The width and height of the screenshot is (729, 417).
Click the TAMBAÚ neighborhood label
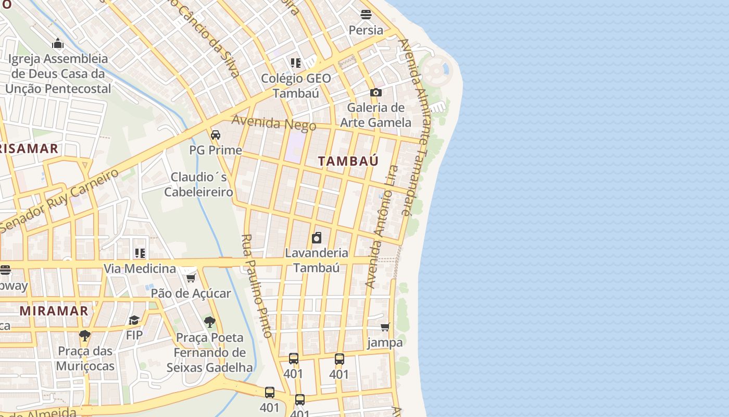tap(348, 161)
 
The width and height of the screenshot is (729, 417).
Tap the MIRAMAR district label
tap(54, 311)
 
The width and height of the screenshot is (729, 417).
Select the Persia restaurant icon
tap(366, 15)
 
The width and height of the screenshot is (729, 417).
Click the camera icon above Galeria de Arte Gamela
tap(376, 93)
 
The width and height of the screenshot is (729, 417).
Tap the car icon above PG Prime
tap(216, 135)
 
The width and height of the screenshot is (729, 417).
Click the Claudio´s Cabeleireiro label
tap(198, 185)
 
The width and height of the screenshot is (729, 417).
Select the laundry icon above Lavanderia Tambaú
tap(317, 238)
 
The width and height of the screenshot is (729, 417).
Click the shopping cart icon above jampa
tap(385, 327)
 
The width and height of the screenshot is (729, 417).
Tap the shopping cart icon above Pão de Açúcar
tap(191, 278)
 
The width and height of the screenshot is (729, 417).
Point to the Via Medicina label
tap(140, 269)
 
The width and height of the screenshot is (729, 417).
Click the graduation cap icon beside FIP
tap(134, 320)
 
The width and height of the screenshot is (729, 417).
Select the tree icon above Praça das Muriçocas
tap(85, 336)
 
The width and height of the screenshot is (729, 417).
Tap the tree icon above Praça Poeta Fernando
tap(210, 322)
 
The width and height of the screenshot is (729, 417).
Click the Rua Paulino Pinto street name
tap(257, 286)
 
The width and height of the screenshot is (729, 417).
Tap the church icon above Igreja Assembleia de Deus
tap(58, 43)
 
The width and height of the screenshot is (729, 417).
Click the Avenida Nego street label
tap(274, 123)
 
